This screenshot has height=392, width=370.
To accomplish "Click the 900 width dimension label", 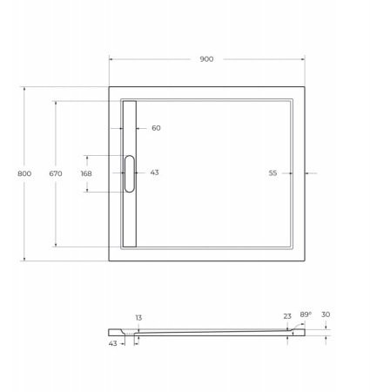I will pyautogui.click(x=206, y=58).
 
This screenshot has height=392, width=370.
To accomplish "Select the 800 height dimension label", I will pyautogui.click(x=24, y=173).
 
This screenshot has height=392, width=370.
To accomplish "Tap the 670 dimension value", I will pyautogui.click(x=56, y=173).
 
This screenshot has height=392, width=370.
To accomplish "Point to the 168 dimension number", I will pyautogui.click(x=85, y=173).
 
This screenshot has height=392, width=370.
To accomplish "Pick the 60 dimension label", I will pyautogui.click(x=156, y=128).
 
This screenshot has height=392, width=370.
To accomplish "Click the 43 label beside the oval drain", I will pyautogui.click(x=154, y=172).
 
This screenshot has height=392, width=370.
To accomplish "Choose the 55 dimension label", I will pyautogui.click(x=272, y=173).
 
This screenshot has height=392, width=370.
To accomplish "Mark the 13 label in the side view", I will pyautogui.click(x=138, y=317).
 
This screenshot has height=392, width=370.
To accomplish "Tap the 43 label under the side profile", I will pyautogui.click(x=113, y=345).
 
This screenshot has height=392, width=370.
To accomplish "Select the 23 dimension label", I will pyautogui.click(x=287, y=315).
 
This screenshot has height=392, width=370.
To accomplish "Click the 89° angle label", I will pyautogui.click(x=306, y=314).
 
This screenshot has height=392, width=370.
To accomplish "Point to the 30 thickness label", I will pyautogui.click(x=326, y=314).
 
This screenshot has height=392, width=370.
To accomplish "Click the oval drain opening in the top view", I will pyautogui.click(x=130, y=172).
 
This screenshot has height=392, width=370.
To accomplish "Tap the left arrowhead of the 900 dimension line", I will pyautogui.click(x=111, y=58).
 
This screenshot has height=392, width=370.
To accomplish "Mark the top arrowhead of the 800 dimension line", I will pyautogui.click(x=24, y=88).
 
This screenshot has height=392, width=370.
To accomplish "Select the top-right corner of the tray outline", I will pyautogui.click(x=305, y=85).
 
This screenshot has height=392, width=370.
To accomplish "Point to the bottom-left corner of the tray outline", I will pyautogui.click(x=109, y=260).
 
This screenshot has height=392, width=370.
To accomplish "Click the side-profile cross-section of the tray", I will pyautogui.click(x=209, y=332).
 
